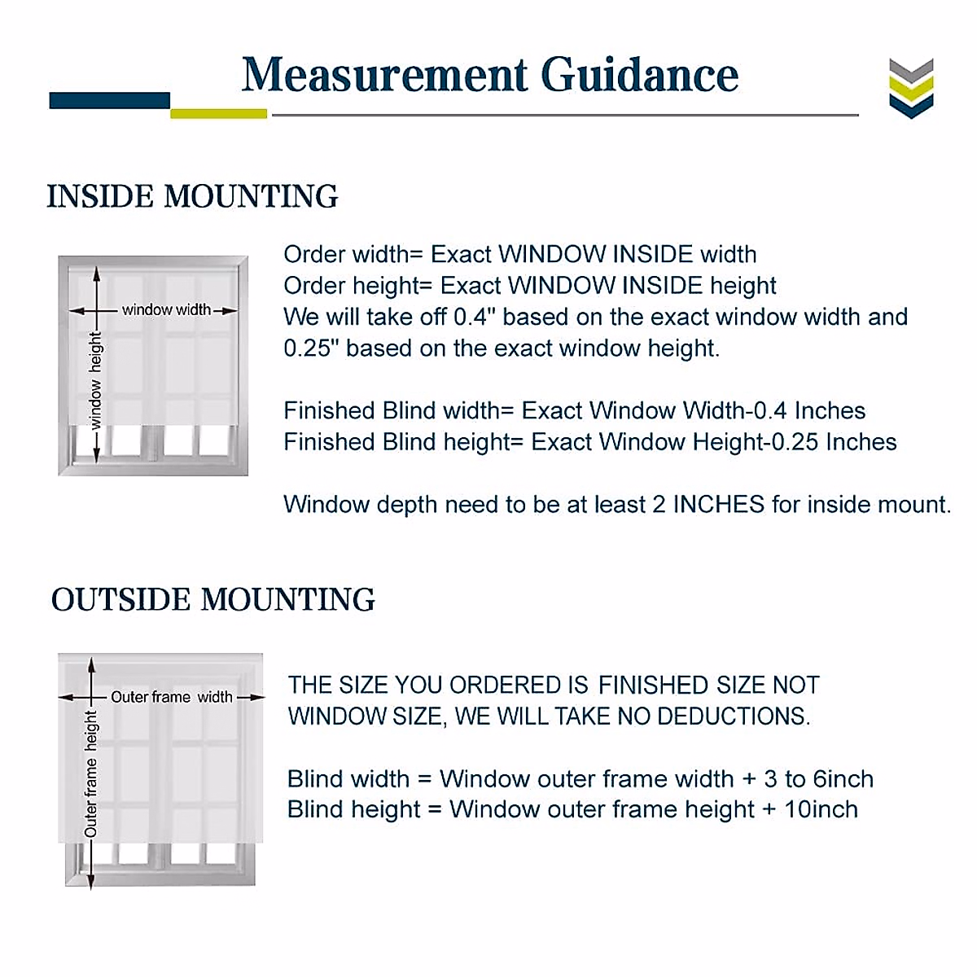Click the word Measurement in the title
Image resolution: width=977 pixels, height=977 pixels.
tap(385, 75)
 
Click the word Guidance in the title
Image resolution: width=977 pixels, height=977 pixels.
tap(639, 75)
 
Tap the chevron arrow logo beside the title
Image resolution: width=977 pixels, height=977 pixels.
tap(911, 88)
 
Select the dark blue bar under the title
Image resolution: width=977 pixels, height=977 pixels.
tap(109, 100)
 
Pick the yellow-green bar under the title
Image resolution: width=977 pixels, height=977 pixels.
tap(218, 113)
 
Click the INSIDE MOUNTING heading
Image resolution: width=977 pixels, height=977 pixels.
tap(192, 196)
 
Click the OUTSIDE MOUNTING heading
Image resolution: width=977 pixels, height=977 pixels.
tap(212, 600)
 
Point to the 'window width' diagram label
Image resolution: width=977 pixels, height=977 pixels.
tap(165, 309)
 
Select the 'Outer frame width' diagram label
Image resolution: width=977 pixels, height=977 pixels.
tap(171, 697)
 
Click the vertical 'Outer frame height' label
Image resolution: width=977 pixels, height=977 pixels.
tap(90, 773)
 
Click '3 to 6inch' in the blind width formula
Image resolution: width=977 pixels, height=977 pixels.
tap(818, 779)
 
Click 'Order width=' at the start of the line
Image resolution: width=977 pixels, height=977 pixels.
tap(353, 255)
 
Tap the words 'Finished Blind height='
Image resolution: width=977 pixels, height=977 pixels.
tap(403, 442)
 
